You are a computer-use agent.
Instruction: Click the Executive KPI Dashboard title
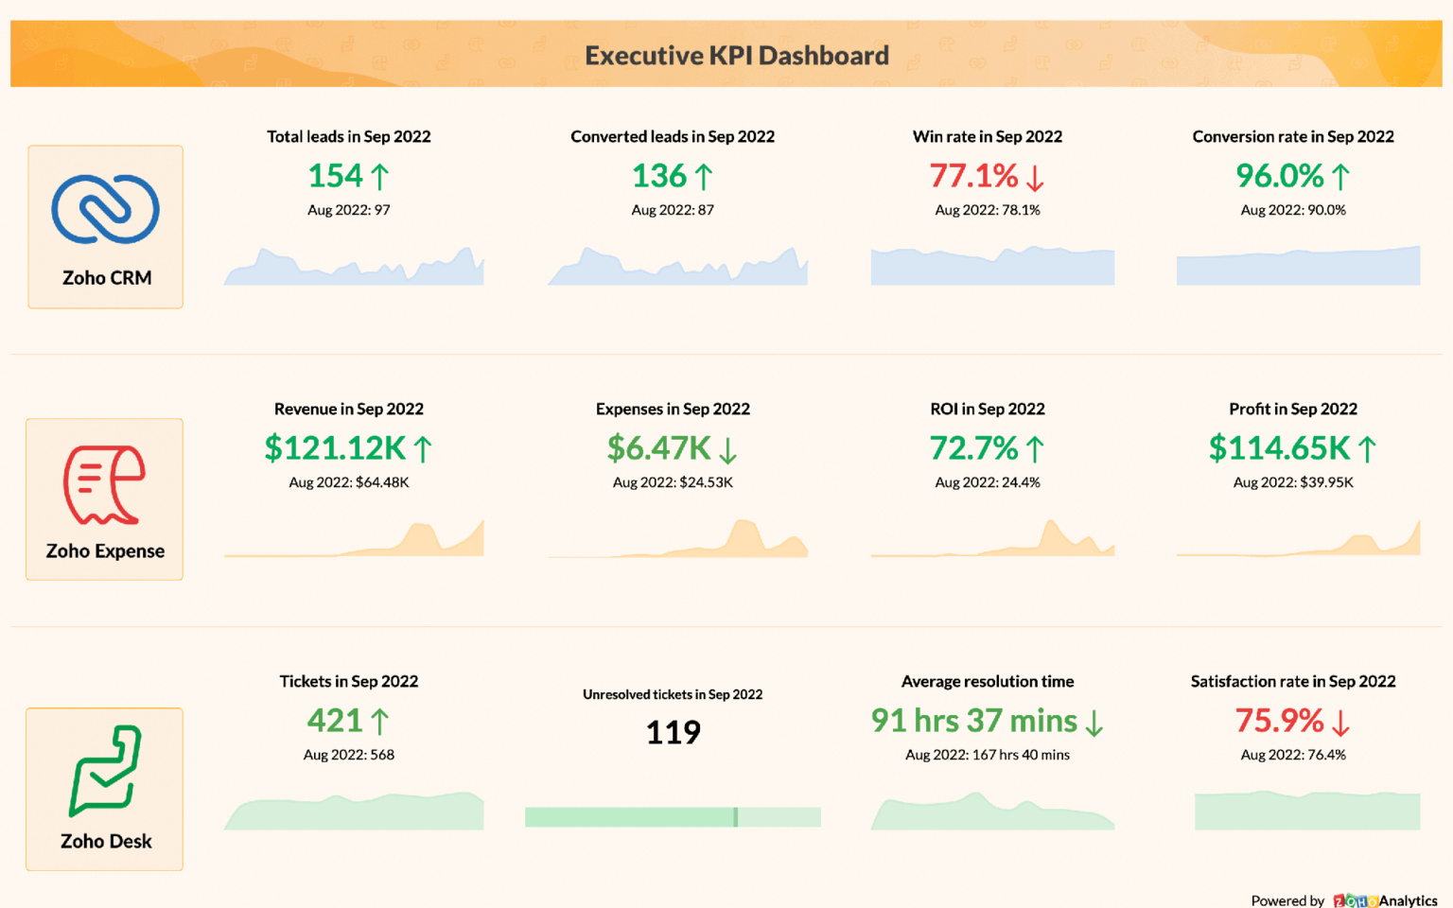(x=736, y=56)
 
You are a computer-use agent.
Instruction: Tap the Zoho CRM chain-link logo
(x=105, y=209)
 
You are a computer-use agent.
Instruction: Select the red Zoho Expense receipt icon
(x=104, y=484)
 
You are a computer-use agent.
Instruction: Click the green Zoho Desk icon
(x=105, y=770)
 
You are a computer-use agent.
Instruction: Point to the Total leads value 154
(x=335, y=176)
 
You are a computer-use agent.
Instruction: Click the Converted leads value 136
(x=658, y=176)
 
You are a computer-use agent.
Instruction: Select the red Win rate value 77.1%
(x=973, y=176)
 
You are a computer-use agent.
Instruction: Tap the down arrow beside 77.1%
(x=1035, y=178)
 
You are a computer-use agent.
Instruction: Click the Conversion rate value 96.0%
(x=1279, y=176)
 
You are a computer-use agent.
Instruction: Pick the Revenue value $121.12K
(x=335, y=448)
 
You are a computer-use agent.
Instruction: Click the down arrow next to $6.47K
(x=727, y=450)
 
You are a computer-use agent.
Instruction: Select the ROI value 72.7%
(x=973, y=448)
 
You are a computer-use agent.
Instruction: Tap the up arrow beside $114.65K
(x=1367, y=449)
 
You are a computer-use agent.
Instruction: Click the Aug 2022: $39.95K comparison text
(x=1293, y=482)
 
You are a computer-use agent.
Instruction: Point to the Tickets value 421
(x=335, y=721)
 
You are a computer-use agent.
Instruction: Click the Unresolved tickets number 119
(x=673, y=732)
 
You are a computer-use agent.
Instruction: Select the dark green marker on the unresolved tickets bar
(x=735, y=817)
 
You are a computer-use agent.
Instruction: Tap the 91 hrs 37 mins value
(x=973, y=721)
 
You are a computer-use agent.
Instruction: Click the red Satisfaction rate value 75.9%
(x=1279, y=721)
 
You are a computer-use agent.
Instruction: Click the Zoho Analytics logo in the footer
(x=1385, y=900)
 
